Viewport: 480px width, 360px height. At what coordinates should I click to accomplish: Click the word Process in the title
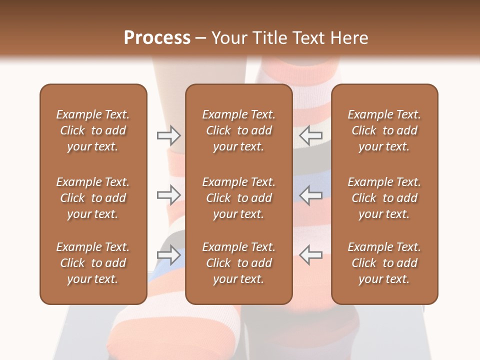click(157, 38)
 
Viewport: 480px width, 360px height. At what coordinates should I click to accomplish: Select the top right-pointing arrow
click(168, 135)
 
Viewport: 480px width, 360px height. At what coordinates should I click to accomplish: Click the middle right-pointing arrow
click(168, 195)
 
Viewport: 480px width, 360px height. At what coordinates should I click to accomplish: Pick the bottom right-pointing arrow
click(168, 255)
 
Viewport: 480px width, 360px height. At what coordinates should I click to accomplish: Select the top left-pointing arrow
click(311, 135)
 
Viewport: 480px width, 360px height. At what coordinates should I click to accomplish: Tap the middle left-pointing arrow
click(311, 195)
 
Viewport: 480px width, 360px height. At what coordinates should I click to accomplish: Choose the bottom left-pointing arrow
click(311, 255)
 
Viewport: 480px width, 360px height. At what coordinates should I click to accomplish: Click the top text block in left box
click(93, 130)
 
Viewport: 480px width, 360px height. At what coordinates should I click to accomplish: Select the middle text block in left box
click(93, 198)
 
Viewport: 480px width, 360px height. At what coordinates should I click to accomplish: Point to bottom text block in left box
click(93, 263)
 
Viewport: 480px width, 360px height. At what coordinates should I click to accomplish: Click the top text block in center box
click(238, 130)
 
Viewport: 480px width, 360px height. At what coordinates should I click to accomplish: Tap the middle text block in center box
click(238, 198)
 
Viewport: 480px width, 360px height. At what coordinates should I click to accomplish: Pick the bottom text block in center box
click(238, 263)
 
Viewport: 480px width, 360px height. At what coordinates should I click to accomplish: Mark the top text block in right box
click(384, 130)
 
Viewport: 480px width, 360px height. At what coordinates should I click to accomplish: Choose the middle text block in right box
click(384, 198)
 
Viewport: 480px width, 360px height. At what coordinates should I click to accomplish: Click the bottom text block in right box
click(384, 263)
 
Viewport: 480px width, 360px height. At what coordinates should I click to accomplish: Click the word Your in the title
click(229, 38)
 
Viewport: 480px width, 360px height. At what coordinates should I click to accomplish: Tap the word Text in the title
click(308, 38)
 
